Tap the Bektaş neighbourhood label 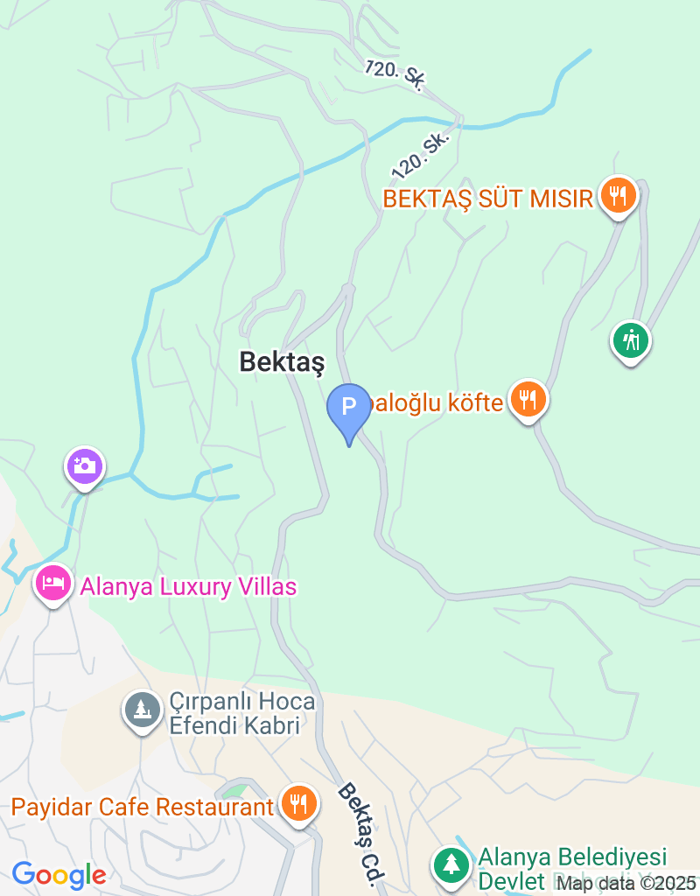coord(282,361)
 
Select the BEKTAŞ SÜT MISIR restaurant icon coord(619,196)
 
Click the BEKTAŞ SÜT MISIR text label coord(488,199)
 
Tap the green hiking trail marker coord(630,339)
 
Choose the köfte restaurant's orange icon coord(528,400)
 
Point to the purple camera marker coord(85,465)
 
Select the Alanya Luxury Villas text coord(188,586)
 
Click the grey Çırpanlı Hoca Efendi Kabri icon coord(141,710)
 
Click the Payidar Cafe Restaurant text coord(143,806)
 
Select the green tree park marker coord(451,864)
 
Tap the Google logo coord(59,874)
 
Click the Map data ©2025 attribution coord(626,883)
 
